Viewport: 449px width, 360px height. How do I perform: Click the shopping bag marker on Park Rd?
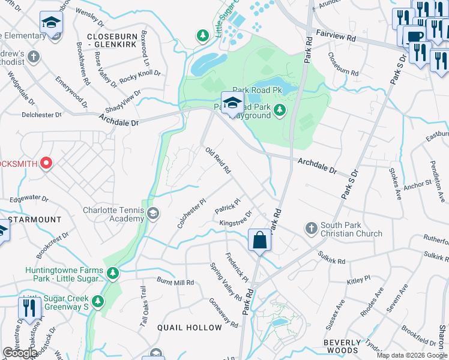pos(259,240)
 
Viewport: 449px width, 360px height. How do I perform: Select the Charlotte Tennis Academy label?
pos(113,214)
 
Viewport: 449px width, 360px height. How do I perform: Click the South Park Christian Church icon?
pos(311,228)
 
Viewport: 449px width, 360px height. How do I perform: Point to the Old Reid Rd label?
pos(218,161)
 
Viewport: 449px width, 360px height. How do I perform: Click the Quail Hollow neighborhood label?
pos(190,328)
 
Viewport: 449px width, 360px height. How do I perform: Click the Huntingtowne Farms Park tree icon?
pos(112,274)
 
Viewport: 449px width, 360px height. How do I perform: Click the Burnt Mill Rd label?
pos(175,281)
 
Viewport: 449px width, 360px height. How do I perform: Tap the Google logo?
pos(20,353)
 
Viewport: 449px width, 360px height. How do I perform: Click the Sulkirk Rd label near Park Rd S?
pos(331,258)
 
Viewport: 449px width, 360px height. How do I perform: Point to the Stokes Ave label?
pos(394,184)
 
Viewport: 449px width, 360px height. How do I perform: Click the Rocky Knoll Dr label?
pos(140,75)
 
